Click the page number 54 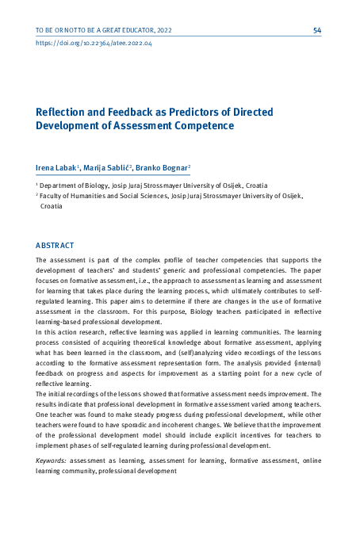coord(317,30)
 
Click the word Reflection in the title coord(63,112)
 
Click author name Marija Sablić coord(108,168)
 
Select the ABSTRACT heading coord(55,246)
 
